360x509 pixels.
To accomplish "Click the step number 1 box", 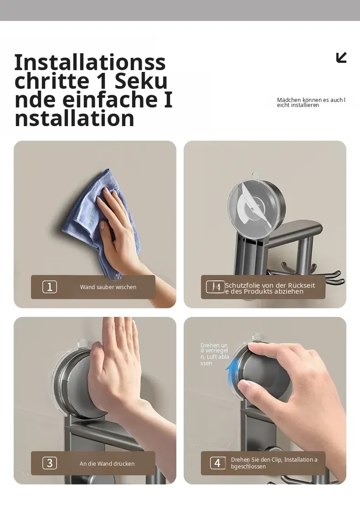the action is (x=50, y=287).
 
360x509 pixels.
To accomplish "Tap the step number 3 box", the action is (x=50, y=463).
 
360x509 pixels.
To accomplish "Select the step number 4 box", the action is (x=217, y=463).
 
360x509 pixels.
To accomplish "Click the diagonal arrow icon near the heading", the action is (x=341, y=57).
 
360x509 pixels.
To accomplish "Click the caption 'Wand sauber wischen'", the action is (x=108, y=287).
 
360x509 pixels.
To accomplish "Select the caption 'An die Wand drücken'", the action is (x=107, y=463).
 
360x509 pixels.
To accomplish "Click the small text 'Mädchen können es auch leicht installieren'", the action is (x=311, y=102).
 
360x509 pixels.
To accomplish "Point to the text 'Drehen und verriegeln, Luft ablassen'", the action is (x=215, y=354).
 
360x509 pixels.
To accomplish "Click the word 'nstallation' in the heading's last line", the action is (x=74, y=118).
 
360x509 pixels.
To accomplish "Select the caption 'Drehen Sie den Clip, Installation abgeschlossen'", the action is (x=274, y=463).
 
